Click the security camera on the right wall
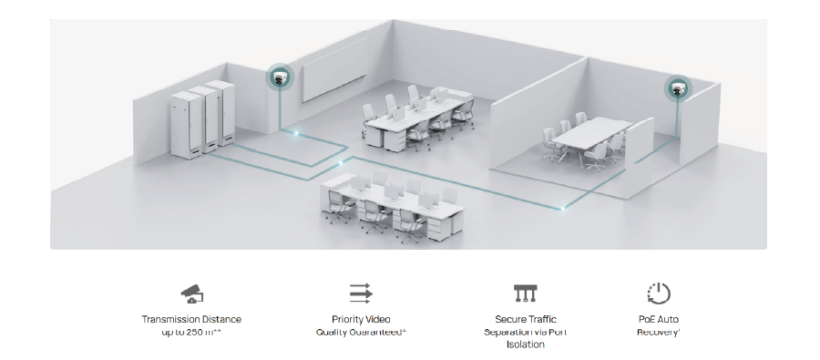677,88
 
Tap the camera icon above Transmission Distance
191,293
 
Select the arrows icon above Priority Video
362,293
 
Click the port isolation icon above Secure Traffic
526,293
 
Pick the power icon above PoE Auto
658,293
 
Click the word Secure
510,320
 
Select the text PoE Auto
658,320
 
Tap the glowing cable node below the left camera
294,134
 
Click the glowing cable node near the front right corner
562,209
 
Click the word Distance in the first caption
221,320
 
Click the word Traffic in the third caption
541,320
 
